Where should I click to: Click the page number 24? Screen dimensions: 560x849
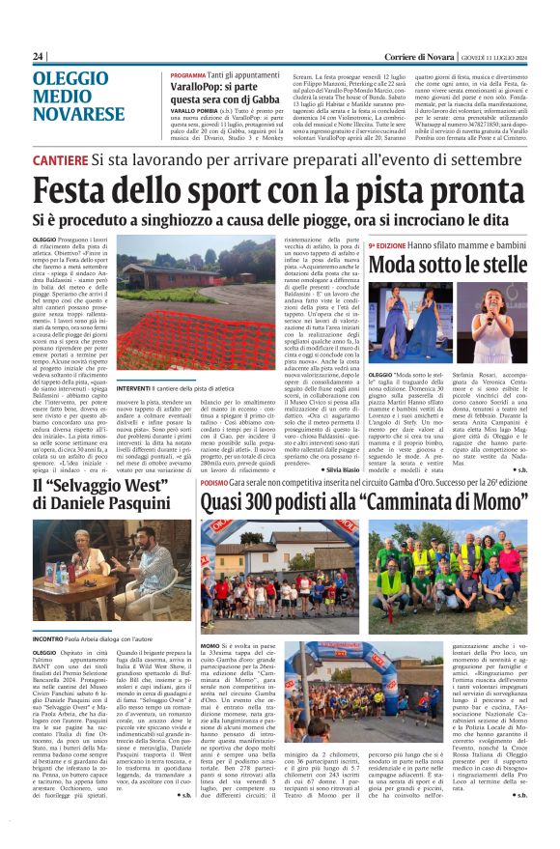[x=39, y=56]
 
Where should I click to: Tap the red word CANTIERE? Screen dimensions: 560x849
[x=62, y=158]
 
